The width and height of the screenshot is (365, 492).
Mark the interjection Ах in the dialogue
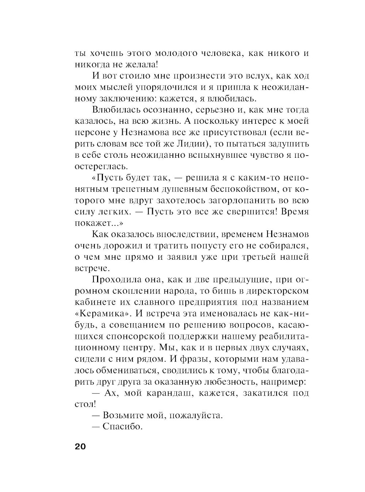click(x=111, y=393)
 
